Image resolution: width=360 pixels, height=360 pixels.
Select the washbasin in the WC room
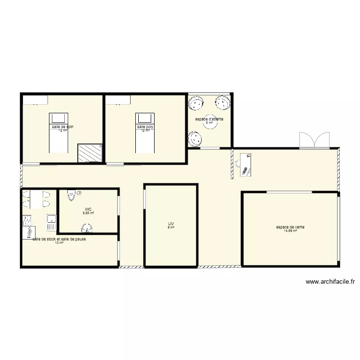point(87,228)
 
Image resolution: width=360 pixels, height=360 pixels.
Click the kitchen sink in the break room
point(51,222)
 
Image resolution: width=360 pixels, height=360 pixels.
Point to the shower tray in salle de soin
point(91,153)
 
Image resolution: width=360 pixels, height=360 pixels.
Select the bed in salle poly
point(145,132)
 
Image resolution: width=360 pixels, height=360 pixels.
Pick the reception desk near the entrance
point(246,164)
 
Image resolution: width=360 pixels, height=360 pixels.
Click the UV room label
point(171,224)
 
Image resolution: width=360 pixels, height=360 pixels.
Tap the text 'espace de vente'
point(290,227)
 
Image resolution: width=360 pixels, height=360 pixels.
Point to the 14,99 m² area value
point(290,231)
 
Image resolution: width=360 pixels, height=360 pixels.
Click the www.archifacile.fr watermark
point(330,282)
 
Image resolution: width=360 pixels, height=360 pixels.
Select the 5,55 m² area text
point(88,213)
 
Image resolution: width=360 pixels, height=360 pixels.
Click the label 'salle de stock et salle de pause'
point(59,239)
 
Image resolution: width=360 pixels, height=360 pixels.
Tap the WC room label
point(88,209)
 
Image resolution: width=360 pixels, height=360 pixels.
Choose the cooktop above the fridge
point(26,220)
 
